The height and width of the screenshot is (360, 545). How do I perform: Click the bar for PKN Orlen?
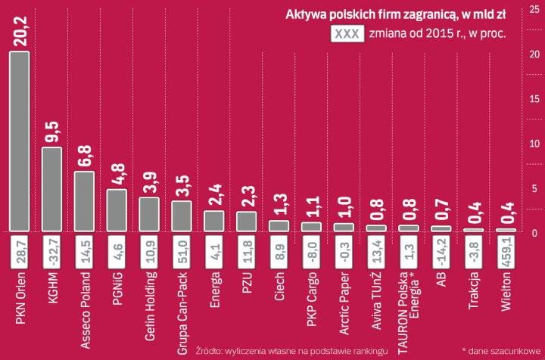click(18, 141)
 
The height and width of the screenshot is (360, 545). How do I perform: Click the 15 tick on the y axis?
click(533, 99)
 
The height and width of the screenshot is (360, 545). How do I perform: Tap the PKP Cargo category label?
click(312, 298)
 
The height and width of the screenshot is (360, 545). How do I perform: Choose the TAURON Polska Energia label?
click(410, 306)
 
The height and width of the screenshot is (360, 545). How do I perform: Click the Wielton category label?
click(506, 292)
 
